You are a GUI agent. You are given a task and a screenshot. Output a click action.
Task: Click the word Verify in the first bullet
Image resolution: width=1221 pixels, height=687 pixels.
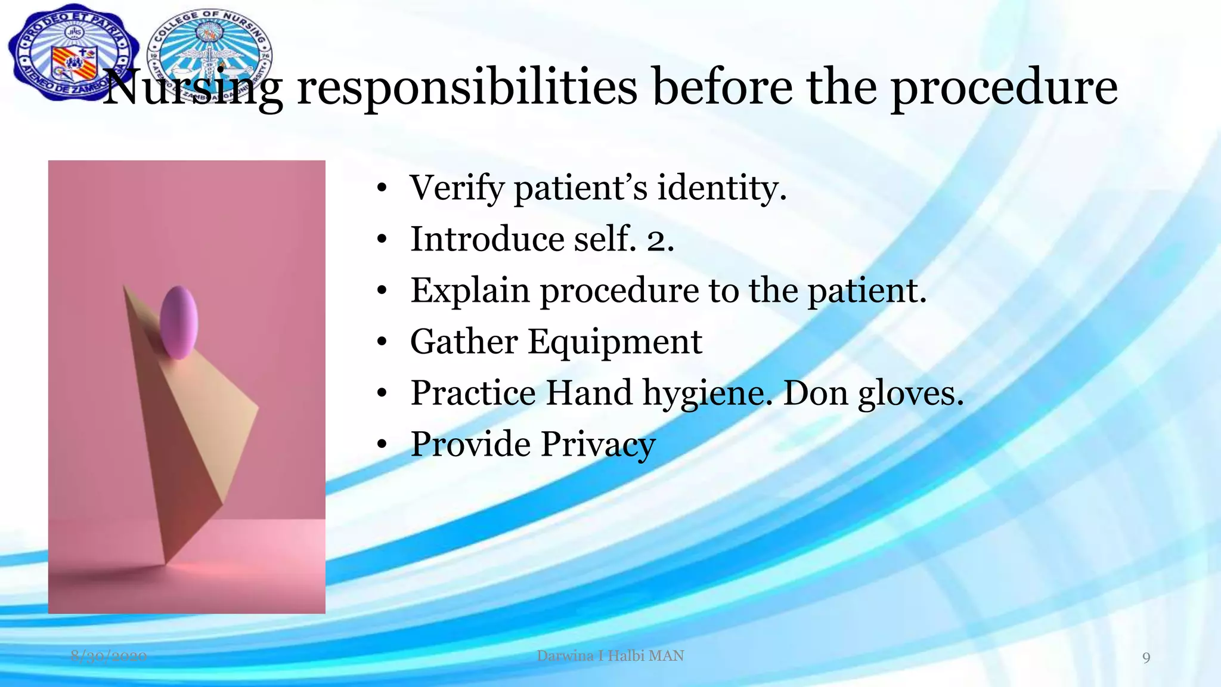point(457,188)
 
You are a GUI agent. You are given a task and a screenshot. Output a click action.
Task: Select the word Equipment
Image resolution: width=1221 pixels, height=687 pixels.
point(615,342)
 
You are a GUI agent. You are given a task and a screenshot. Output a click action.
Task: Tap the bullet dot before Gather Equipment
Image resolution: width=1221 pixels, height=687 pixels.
point(382,343)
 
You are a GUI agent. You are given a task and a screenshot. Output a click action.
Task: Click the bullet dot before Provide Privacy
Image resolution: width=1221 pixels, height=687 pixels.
point(382,445)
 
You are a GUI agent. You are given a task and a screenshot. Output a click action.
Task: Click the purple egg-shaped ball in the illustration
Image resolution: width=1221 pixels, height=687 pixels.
point(179,322)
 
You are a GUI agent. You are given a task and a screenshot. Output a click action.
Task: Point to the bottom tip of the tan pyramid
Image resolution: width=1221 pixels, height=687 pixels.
point(165,562)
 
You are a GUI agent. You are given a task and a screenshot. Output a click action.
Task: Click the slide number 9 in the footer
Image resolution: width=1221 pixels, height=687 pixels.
point(1146,658)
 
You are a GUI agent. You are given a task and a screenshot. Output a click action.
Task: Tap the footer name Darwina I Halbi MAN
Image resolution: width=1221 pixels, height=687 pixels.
point(610,656)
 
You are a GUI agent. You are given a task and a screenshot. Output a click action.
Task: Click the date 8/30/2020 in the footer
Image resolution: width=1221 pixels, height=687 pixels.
point(109,657)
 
